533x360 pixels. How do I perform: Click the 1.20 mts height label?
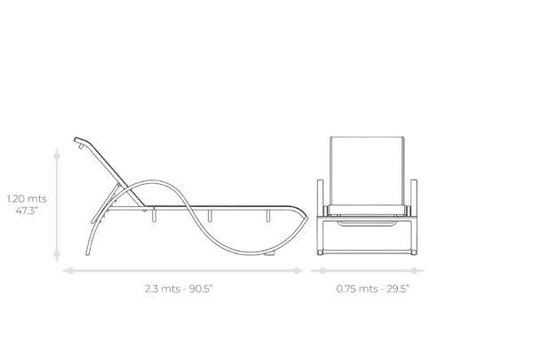[27, 199]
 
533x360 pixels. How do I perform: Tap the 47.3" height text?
[27, 211]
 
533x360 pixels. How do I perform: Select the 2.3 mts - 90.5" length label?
[179, 289]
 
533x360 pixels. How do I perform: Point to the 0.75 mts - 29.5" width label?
[372, 289]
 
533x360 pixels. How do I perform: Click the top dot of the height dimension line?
[57, 156]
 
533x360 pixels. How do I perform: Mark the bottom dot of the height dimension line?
[57, 254]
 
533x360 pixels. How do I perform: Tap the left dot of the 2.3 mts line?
[70, 271]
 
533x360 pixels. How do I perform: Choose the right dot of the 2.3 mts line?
[297, 271]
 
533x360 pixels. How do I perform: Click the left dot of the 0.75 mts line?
[322, 271]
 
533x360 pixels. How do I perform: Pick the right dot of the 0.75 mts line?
[414, 271]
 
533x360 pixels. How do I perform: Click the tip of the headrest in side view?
[76, 140]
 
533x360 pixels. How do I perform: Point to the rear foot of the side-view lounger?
[87, 253]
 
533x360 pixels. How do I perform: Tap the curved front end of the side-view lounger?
[305, 217]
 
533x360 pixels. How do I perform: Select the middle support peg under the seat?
[210, 216]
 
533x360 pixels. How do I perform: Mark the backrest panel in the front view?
[367, 171]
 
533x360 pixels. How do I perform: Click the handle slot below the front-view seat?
[367, 223]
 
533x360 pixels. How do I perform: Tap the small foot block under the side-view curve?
[270, 253]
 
